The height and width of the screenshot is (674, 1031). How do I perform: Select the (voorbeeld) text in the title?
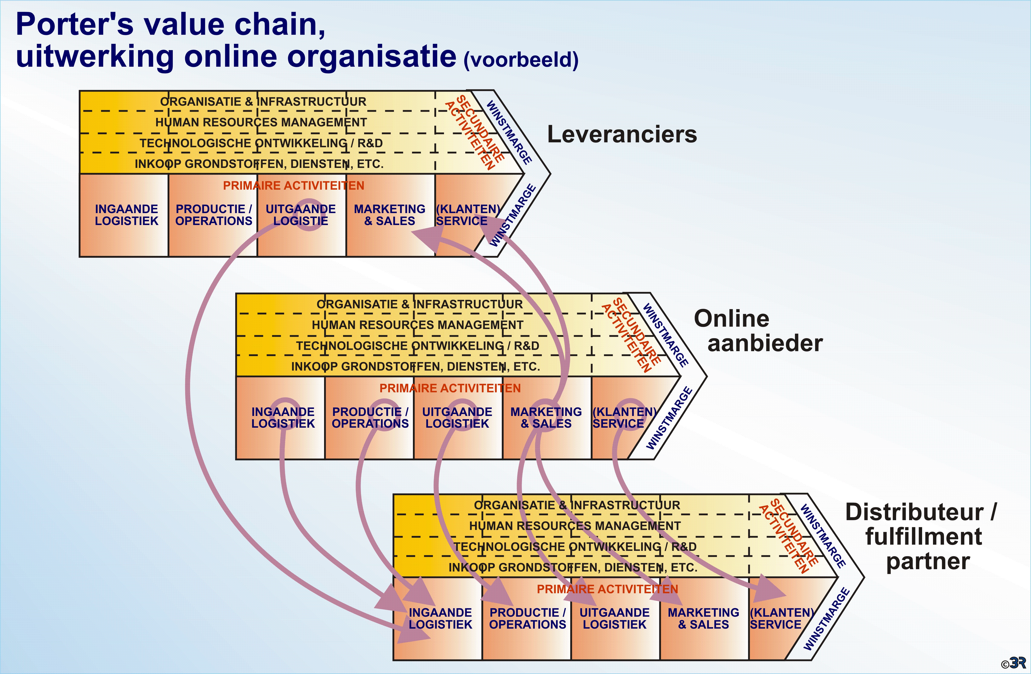pos(521,59)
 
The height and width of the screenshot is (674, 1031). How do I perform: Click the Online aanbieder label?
pos(758,331)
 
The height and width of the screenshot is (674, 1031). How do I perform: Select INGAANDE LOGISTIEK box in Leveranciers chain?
pos(127,215)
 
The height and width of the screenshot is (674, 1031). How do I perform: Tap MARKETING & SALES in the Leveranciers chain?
pos(389,215)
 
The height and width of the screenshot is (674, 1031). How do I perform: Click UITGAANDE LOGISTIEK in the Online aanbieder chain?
pos(457,418)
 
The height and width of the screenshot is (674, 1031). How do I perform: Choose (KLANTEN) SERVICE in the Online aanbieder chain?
pos(624,418)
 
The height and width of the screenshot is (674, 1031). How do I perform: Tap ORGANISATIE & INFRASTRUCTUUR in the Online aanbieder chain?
pos(419,304)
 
